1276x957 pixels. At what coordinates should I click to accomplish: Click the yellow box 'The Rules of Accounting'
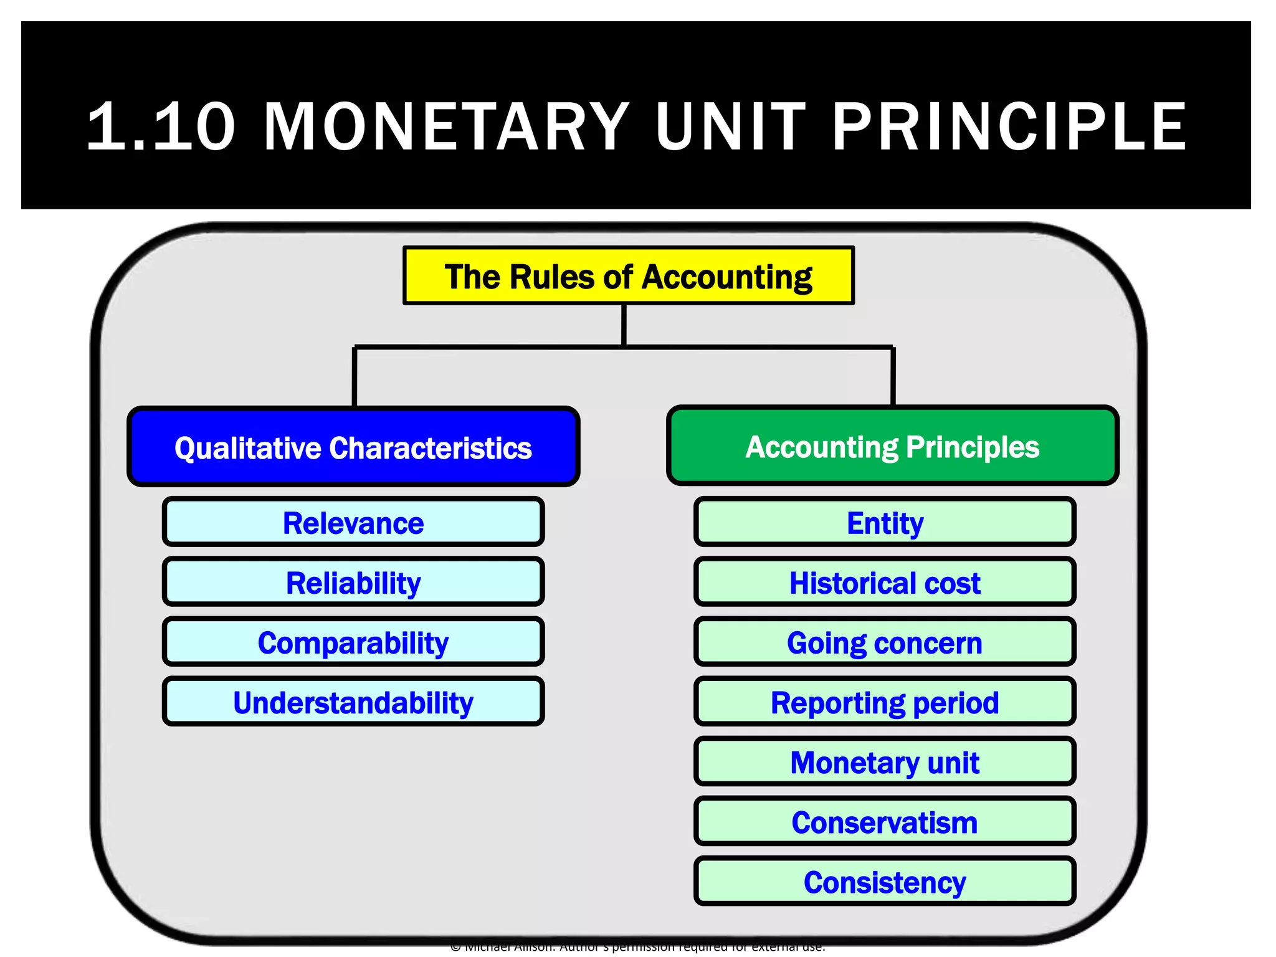coord(628,275)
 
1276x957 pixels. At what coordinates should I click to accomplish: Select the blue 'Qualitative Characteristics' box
coord(353,447)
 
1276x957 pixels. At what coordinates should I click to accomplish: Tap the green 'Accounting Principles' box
coord(892,446)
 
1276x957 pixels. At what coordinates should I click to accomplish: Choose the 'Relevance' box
coord(353,522)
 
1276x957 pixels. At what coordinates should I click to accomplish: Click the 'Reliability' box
coord(353,582)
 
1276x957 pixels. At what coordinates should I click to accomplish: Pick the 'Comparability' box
coord(353,642)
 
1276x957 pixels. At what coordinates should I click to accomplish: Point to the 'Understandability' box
coord(353,702)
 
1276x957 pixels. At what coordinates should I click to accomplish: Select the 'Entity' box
coord(885,522)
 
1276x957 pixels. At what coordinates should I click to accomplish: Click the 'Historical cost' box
coord(885,582)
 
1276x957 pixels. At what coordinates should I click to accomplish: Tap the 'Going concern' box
coord(885,642)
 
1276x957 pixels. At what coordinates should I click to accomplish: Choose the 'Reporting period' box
coord(885,702)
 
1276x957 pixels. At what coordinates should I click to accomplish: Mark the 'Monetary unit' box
coord(885,762)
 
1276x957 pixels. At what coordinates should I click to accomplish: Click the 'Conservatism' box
coord(885,822)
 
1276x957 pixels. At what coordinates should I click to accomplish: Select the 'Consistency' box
coord(885,882)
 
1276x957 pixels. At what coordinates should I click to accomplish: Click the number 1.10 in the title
coord(161,126)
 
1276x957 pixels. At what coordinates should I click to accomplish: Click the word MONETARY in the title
coord(447,126)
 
